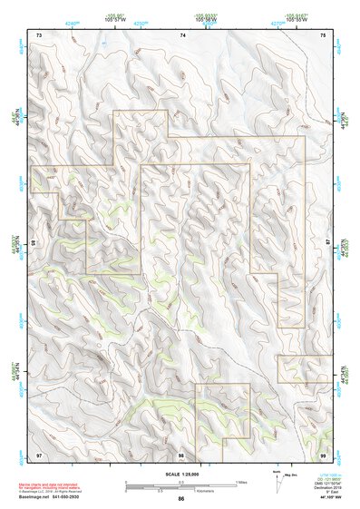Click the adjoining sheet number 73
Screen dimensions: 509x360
(39, 34)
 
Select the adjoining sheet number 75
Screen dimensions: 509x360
(324, 34)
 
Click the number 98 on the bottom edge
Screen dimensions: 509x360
(181, 453)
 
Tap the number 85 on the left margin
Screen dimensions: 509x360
(34, 243)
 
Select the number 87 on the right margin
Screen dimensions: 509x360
(328, 243)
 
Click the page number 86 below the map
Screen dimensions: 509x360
(181, 499)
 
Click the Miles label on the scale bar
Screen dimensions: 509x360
(242, 482)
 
